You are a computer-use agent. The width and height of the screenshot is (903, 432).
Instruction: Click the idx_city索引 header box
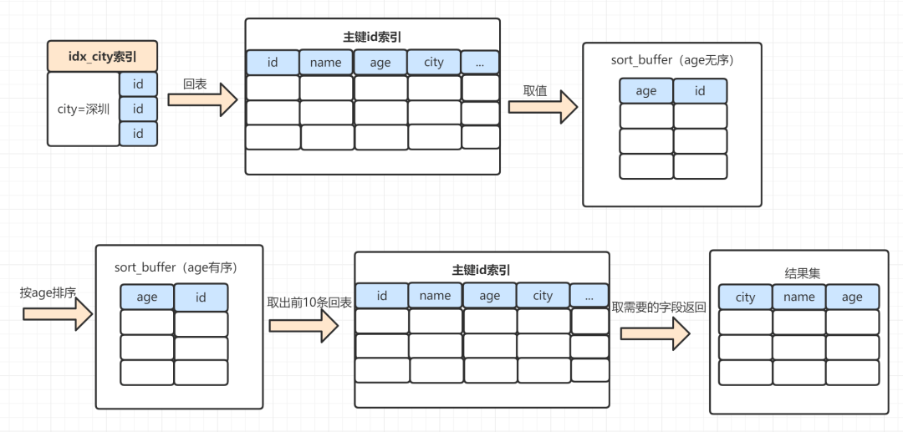(102, 57)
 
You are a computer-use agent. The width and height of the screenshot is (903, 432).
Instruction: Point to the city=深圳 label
(83, 109)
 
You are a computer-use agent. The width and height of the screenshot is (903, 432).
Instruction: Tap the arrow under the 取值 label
(543, 107)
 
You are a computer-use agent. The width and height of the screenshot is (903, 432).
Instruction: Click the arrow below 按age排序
(56, 313)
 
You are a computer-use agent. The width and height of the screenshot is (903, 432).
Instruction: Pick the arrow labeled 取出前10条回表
(303, 324)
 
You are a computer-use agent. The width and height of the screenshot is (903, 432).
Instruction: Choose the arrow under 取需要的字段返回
(655, 333)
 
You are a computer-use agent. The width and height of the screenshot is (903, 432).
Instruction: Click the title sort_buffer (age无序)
(671, 61)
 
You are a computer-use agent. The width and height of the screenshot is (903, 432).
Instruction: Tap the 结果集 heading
(798, 272)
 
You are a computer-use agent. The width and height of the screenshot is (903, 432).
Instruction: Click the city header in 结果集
(745, 297)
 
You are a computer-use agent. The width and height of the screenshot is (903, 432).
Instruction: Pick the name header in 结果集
(798, 297)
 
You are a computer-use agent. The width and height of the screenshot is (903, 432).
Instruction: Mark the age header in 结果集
(852, 297)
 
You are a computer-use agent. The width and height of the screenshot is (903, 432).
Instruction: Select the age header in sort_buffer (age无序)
(646, 91)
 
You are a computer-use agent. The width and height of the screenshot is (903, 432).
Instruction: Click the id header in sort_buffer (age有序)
(201, 297)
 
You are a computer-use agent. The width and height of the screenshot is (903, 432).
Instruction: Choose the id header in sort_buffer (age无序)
(700, 91)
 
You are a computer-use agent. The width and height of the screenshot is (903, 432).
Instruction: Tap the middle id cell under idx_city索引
(138, 109)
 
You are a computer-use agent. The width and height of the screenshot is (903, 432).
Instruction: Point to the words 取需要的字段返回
(659, 307)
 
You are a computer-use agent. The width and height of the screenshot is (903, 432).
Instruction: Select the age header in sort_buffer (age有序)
(147, 297)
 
